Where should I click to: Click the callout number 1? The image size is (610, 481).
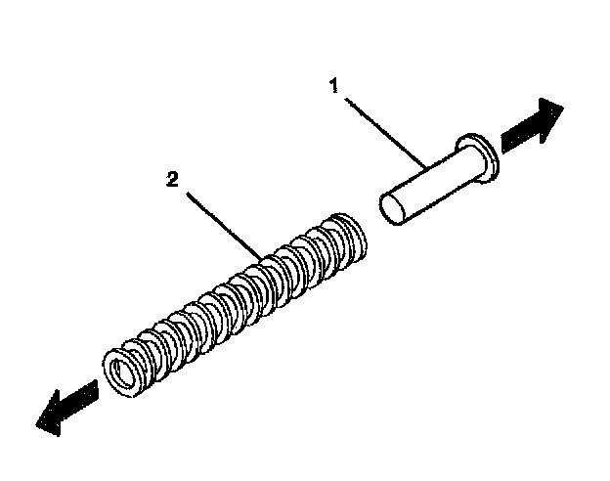coord(334,88)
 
